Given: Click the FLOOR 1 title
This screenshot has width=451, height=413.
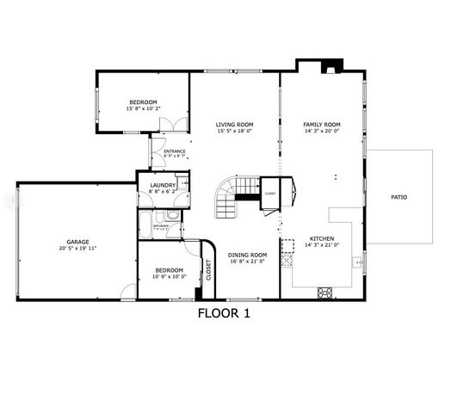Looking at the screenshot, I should pos(223,313).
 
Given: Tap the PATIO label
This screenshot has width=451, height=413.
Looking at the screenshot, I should pos(398,197).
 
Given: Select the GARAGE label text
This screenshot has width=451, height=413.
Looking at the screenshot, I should pos(78,241).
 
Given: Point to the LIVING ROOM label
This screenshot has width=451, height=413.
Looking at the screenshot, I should pos(234,125).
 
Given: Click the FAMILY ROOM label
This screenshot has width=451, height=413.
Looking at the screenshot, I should pos(322,125).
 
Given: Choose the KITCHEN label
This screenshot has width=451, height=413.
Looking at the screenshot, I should pos(322,238).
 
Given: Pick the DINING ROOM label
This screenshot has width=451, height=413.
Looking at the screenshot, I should pos(247,254).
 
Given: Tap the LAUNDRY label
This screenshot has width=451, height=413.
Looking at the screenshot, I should pos(163,185).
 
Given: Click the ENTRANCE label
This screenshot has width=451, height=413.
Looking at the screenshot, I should pos(175,151).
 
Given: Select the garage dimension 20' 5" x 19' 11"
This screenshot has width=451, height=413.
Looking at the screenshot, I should pos(78,248).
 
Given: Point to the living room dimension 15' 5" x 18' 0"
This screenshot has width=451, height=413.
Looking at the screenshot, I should pos(234,132).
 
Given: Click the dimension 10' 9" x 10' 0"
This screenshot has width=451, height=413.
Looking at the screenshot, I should pos(169,277).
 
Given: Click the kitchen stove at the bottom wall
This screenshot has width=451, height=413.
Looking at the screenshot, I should pos(326,293).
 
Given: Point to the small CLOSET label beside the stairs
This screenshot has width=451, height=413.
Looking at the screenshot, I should pos(270,193).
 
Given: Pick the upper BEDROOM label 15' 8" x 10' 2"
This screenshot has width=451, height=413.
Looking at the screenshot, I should pos(144,104).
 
